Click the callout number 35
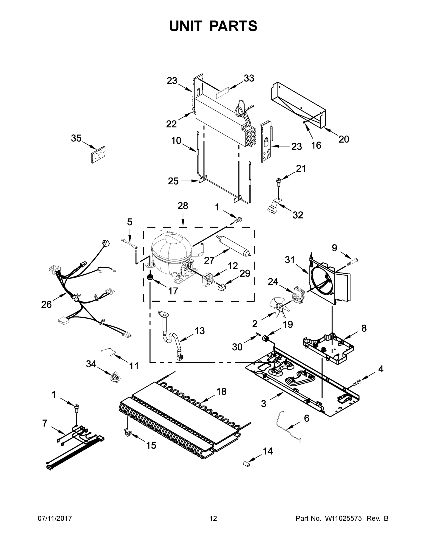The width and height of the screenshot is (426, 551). (76, 138)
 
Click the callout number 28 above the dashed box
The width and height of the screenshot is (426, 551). (183, 206)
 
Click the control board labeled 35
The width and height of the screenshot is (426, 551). (98, 155)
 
